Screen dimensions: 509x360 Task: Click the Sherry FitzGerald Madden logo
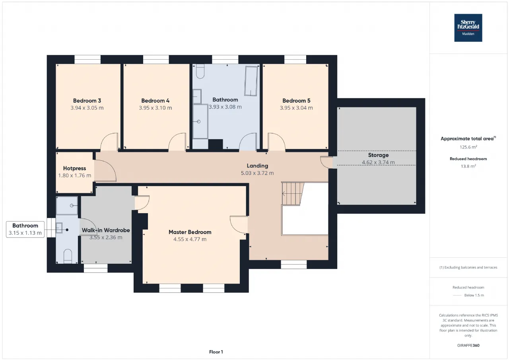(468, 28)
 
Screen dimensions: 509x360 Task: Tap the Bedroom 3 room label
(87, 101)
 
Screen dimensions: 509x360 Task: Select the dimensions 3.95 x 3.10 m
(155, 108)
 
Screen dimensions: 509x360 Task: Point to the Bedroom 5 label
(296, 101)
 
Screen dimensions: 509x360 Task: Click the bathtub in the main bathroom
(251, 81)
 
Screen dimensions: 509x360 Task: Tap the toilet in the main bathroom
(200, 71)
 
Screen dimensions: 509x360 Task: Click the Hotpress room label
(74, 168)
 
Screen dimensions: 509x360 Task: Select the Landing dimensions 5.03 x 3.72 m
(257, 173)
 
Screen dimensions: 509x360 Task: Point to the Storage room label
(378, 155)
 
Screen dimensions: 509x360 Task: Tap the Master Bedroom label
(190, 232)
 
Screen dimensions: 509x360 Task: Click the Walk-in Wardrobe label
(106, 230)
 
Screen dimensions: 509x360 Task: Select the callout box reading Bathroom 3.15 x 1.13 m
(25, 229)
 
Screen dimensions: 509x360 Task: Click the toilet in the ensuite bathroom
(68, 256)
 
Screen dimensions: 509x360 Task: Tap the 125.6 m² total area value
(468, 147)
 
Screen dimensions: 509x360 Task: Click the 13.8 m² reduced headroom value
(468, 166)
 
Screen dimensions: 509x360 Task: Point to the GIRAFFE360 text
(468, 345)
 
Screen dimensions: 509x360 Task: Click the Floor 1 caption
(216, 352)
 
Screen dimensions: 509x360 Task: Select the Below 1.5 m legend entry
(468, 295)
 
